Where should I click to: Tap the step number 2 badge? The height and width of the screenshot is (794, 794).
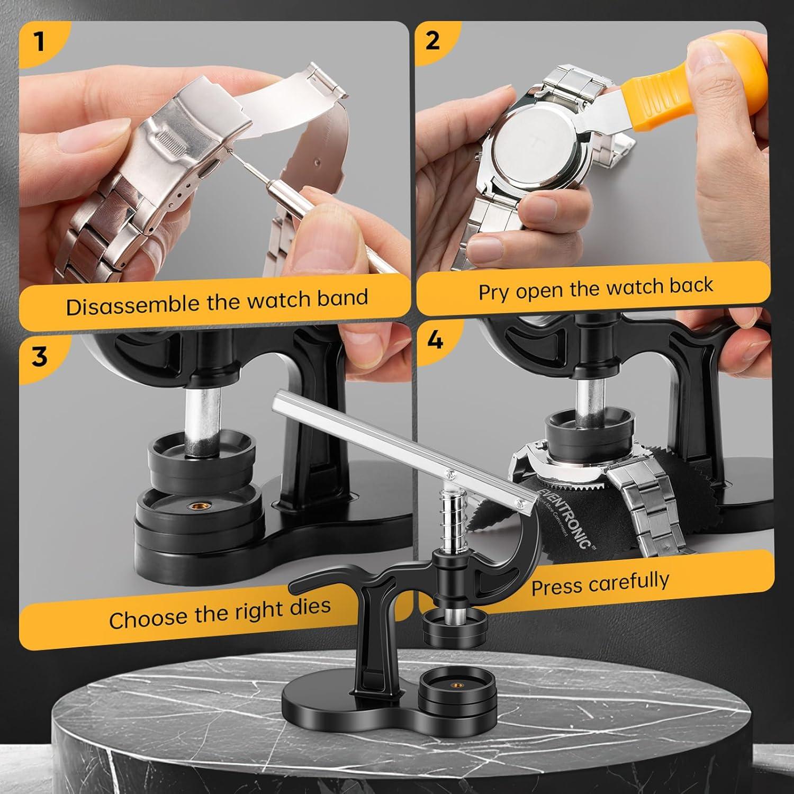[433, 41]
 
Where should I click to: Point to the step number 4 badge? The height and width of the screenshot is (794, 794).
[435, 340]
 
